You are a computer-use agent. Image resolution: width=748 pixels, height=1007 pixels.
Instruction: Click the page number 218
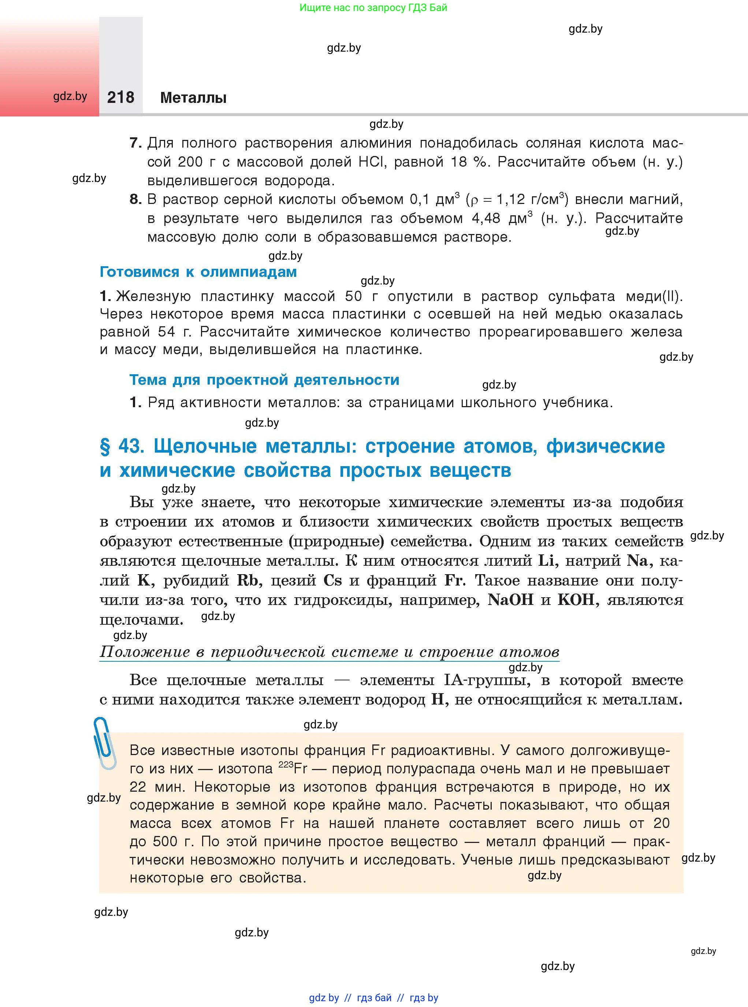[120, 97]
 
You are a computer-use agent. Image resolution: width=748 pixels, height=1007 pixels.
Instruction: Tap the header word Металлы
[193, 98]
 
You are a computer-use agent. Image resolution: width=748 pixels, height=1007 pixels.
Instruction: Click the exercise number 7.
[135, 143]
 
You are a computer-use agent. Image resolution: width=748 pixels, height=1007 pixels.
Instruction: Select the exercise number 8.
[135, 199]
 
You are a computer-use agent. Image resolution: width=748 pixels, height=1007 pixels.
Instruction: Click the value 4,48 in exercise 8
[486, 219]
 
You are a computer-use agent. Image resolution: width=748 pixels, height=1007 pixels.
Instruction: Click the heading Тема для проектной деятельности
[264, 379]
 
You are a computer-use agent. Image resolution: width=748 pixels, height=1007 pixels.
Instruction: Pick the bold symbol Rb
[247, 580]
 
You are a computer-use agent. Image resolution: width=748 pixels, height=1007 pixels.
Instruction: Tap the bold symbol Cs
[332, 580]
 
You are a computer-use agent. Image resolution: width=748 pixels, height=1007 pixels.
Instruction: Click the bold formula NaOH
[510, 600]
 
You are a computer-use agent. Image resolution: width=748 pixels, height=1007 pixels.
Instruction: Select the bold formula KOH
[576, 600]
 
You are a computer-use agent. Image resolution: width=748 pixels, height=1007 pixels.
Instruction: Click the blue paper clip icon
[105, 743]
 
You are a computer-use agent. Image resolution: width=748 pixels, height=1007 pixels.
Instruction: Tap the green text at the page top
[373, 8]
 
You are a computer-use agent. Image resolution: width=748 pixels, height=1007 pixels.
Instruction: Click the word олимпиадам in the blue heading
[248, 272]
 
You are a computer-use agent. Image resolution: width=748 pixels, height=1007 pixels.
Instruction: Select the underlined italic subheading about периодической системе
[329, 652]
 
